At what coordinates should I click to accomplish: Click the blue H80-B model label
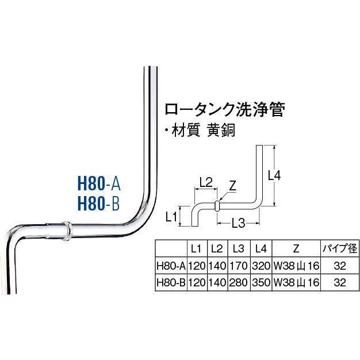click(x=98, y=204)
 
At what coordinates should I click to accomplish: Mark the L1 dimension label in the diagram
click(x=170, y=217)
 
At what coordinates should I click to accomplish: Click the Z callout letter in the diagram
click(x=232, y=185)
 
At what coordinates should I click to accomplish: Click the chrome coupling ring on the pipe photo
click(x=67, y=231)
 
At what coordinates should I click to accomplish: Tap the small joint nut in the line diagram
click(x=217, y=205)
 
